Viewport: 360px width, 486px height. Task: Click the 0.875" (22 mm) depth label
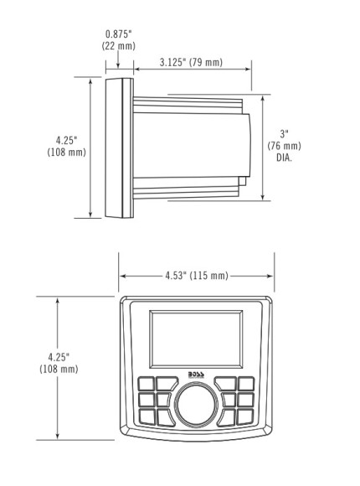pyautogui.click(x=118, y=39)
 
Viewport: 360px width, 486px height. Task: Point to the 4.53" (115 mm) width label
pyautogui.click(x=197, y=276)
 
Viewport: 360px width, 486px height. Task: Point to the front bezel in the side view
pyautogui.click(x=116, y=147)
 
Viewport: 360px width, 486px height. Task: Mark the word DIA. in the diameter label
pyautogui.click(x=284, y=157)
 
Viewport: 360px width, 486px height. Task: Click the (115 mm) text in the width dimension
pyautogui.click(x=209, y=276)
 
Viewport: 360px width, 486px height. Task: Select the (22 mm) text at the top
pyautogui.click(x=118, y=45)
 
